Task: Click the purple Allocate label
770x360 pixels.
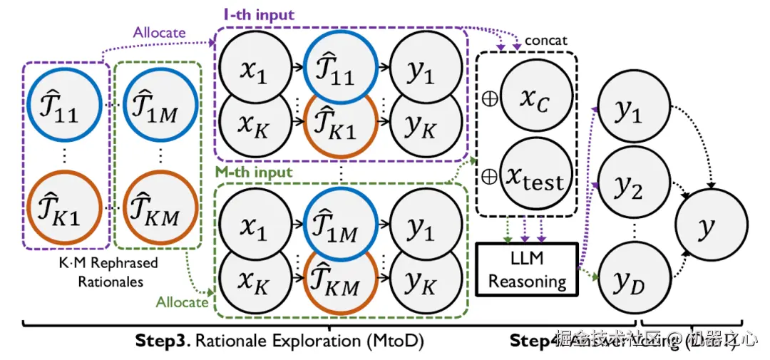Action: coord(159,33)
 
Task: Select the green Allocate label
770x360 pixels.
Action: coord(182,302)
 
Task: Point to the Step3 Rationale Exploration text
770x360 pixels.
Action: coord(279,341)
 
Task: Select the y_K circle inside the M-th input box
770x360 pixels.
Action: coord(420,284)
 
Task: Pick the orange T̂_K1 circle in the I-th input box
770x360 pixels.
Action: coord(339,128)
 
